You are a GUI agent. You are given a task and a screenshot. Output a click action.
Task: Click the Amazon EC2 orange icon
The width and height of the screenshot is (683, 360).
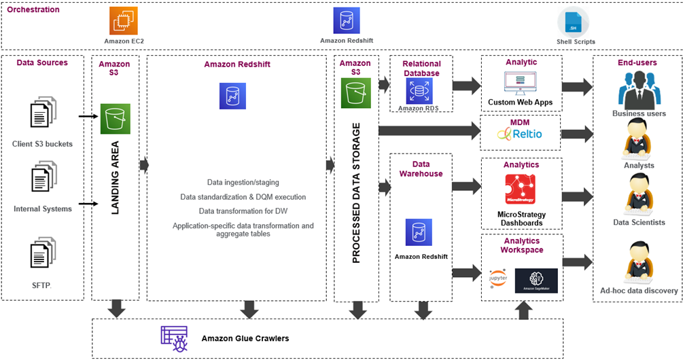tap(124, 21)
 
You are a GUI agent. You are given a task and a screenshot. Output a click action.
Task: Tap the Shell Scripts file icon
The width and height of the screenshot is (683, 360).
tap(573, 22)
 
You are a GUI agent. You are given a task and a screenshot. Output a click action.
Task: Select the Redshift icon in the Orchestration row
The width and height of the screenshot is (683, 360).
tap(346, 21)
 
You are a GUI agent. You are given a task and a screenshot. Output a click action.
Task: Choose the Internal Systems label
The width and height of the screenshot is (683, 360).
tap(42, 209)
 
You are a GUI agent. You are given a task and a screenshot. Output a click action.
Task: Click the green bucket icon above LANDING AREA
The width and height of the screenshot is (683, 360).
tap(115, 119)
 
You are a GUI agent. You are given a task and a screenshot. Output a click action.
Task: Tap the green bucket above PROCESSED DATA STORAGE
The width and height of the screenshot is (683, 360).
tap(355, 92)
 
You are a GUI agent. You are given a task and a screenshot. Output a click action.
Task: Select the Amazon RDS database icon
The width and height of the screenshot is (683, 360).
tap(419, 91)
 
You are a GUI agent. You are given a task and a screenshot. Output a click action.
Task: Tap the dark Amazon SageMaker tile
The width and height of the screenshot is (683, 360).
tap(536, 281)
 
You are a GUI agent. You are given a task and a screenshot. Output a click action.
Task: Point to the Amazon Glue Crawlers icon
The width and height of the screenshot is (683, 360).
tap(174, 338)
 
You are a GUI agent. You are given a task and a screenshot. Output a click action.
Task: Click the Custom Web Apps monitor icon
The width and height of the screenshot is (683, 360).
tap(520, 82)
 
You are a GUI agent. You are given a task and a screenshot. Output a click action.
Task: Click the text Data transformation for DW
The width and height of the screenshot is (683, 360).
tap(243, 211)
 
